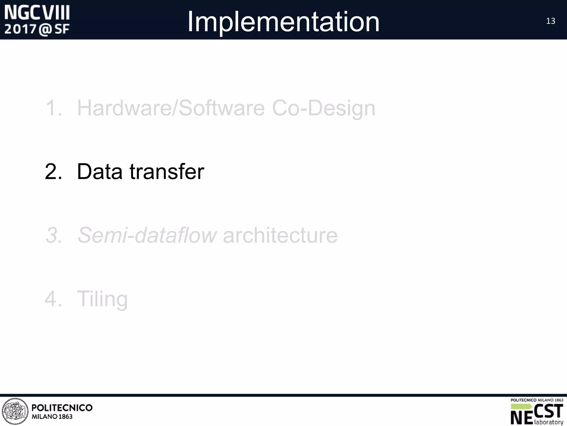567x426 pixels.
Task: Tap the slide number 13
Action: coord(550,21)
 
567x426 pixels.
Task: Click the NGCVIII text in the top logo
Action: coord(37,13)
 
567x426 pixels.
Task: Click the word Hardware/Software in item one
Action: coord(171,108)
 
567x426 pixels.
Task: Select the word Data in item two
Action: coord(100,171)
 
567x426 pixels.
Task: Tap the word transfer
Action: coord(167,171)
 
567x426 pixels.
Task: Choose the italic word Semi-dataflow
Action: coord(147,235)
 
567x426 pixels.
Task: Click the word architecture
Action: coord(280,235)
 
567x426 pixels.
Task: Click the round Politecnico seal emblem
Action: coord(15,412)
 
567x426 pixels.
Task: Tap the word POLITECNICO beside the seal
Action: coord(62,408)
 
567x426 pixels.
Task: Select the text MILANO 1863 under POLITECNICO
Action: coord(52,417)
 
